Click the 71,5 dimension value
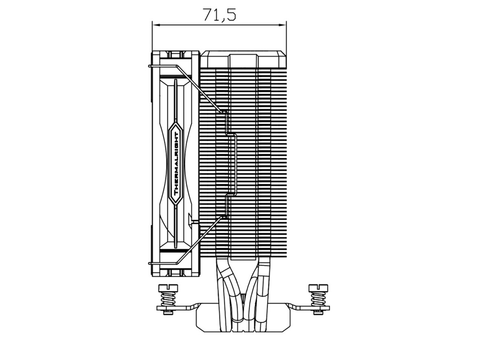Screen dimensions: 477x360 [x=219, y=14]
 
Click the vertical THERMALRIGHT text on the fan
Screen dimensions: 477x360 [x=176, y=164]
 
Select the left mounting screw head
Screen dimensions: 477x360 [x=167, y=287]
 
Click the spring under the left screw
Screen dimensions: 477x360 [x=167, y=298]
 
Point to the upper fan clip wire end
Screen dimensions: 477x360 [x=149, y=65]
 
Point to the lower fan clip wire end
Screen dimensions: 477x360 [x=149, y=263]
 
